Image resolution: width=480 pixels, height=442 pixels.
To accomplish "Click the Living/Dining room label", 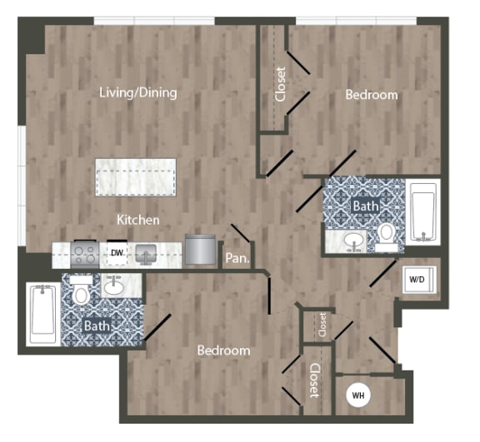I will point(137,92).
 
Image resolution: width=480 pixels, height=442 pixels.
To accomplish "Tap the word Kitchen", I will point(137,220).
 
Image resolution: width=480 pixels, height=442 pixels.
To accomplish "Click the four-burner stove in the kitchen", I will point(84,251).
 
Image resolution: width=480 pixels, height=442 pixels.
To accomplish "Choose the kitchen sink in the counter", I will point(145,251).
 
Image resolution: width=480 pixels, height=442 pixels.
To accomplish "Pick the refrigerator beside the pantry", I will point(200,249).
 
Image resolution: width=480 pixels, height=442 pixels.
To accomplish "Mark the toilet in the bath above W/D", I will point(386,236).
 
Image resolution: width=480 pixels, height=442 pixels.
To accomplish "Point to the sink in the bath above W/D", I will point(354,241).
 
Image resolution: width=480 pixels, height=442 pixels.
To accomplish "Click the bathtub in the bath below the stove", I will point(41,314).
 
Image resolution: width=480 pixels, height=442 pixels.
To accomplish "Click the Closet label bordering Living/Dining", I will point(280,84).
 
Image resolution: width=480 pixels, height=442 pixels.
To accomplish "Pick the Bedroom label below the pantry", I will point(223,350).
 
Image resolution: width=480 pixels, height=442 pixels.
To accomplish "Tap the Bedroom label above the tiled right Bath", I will point(372,95).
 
